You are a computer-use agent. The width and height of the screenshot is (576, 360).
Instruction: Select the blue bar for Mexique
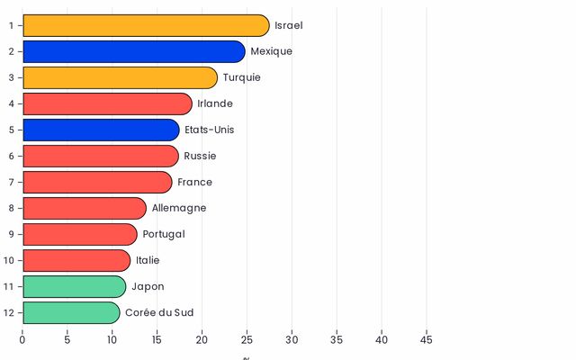coord(133,51)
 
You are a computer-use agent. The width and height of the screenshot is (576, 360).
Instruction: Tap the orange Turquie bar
coord(120,77)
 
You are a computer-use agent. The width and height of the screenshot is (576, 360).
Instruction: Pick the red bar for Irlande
coord(107,103)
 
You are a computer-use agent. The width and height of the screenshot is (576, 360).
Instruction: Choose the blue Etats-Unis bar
coord(101,130)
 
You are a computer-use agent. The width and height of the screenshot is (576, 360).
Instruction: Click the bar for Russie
coord(100,156)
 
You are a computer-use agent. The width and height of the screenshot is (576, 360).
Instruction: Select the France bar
coord(97,182)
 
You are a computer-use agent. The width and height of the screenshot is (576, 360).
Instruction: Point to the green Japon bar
coord(74,286)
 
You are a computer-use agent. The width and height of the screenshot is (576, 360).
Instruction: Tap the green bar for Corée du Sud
coord(71,312)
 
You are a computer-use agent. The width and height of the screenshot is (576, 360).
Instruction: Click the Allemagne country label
coord(179,208)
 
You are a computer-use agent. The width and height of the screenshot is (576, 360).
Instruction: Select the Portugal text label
coord(164,234)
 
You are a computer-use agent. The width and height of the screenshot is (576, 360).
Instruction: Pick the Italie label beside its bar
coord(148,260)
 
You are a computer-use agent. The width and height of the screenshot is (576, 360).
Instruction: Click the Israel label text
coord(289,25)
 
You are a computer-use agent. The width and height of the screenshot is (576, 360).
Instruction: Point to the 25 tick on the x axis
coord(247,339)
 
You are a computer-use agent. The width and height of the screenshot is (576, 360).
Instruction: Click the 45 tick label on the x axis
coord(427,339)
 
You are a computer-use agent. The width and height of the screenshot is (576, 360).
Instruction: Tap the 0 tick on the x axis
coord(22,339)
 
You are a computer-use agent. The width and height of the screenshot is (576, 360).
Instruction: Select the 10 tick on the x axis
coord(112,339)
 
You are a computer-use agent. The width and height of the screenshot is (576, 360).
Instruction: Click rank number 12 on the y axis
coord(8,312)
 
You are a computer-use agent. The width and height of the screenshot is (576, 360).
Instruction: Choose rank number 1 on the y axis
coord(11,25)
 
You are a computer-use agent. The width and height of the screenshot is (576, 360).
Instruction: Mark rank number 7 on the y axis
coord(11,182)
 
